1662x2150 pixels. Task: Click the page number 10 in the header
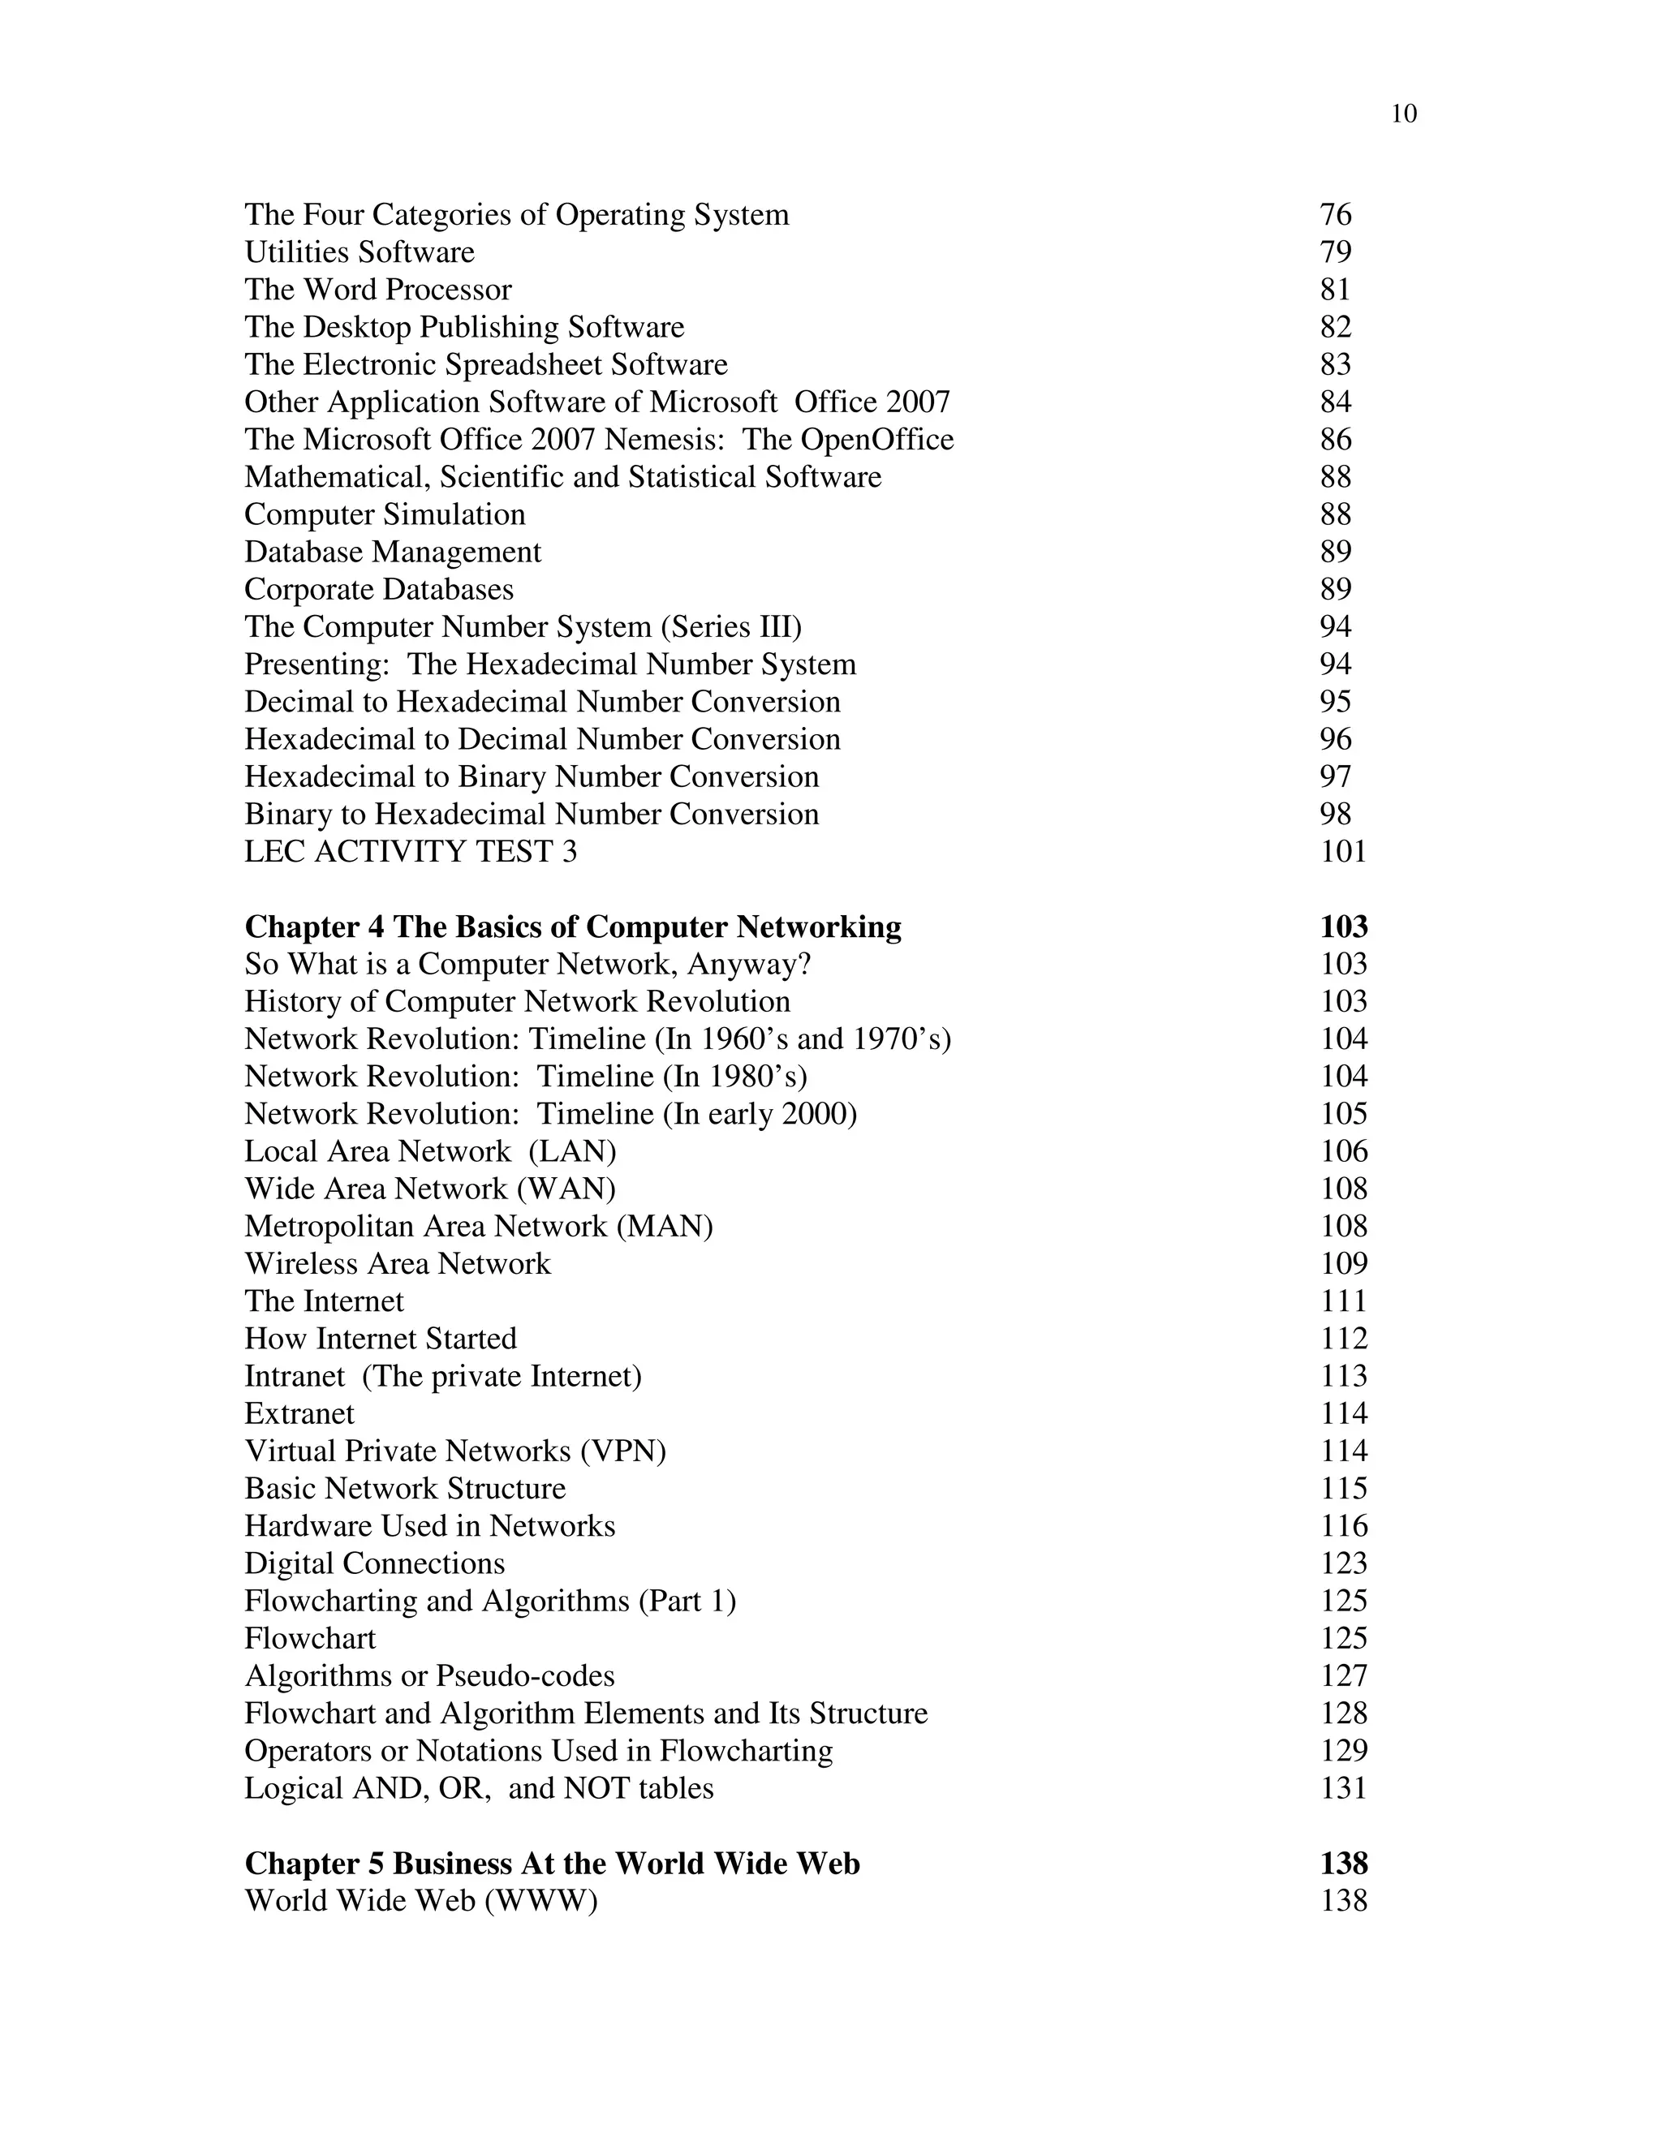pos(1403,114)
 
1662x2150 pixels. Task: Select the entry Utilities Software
pos(360,252)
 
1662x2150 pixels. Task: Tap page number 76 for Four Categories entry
pos(1335,215)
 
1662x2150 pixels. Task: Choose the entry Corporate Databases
pos(379,590)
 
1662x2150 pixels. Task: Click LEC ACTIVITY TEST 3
pos(411,852)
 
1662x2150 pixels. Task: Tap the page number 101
pos(1343,852)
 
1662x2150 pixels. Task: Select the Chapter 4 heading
pos(573,927)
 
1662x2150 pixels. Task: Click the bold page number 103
pos(1343,927)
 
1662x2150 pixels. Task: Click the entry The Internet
pos(324,1301)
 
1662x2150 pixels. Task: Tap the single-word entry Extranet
pos(299,1413)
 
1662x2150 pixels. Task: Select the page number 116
pos(1343,1526)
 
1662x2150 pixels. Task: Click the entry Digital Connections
pos(374,1563)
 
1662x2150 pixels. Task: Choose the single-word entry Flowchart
pos(310,1638)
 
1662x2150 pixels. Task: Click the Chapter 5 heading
pos(553,1864)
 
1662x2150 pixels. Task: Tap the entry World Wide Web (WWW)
pos(421,1901)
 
